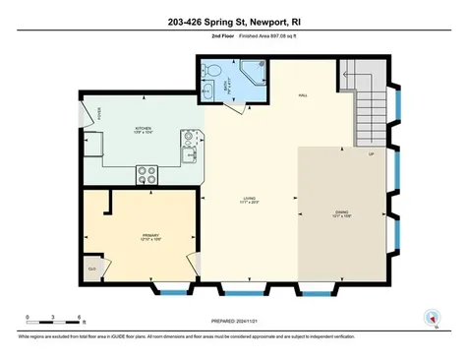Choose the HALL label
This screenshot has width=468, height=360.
[x=303, y=95]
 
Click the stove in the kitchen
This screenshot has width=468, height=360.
[x=147, y=174]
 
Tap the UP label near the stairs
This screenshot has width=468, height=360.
[x=370, y=155]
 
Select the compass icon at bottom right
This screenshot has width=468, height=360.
[x=429, y=318]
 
